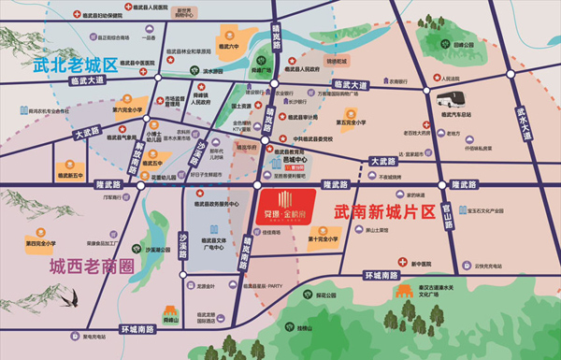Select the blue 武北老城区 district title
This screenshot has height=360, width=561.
point(75,65)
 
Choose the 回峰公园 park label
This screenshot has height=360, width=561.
point(464,44)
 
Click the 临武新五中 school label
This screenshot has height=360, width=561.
point(71,175)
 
